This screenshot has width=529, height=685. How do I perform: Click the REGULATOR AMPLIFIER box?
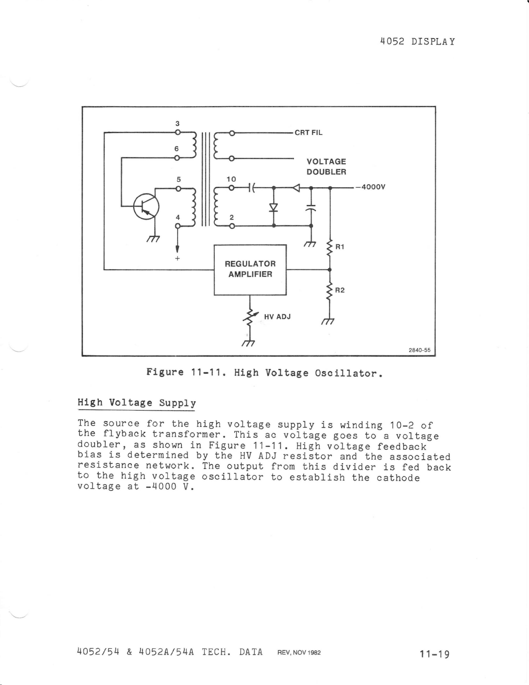pyautogui.click(x=250, y=269)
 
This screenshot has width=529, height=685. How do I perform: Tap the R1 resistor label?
pyautogui.click(x=340, y=247)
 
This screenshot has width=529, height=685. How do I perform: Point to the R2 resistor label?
pyautogui.click(x=340, y=290)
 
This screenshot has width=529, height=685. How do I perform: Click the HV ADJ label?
pyautogui.click(x=277, y=317)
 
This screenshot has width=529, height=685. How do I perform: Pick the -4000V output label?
pyautogui.click(x=370, y=187)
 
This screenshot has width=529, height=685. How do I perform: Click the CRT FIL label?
pyautogui.click(x=309, y=132)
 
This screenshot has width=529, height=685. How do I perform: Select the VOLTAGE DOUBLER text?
pyautogui.click(x=326, y=166)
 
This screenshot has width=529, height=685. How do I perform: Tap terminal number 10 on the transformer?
pyautogui.click(x=231, y=179)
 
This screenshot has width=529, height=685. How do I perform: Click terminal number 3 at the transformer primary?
pyautogui.click(x=177, y=124)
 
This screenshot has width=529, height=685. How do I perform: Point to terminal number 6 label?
pyautogui.click(x=176, y=148)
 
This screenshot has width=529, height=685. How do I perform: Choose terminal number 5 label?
pyautogui.click(x=178, y=179)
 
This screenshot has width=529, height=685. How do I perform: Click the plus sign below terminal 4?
pyautogui.click(x=177, y=258)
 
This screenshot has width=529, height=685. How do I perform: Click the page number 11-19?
pyautogui.click(x=434, y=654)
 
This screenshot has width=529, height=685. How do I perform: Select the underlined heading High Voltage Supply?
pyautogui.click(x=137, y=403)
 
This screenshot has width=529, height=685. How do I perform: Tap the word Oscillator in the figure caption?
pyautogui.click(x=348, y=373)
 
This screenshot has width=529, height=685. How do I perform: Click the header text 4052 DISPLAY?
pyautogui.click(x=417, y=42)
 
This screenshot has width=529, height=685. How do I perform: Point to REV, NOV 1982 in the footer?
pyautogui.click(x=299, y=653)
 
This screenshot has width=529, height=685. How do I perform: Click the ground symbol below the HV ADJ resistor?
pyautogui.click(x=248, y=344)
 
